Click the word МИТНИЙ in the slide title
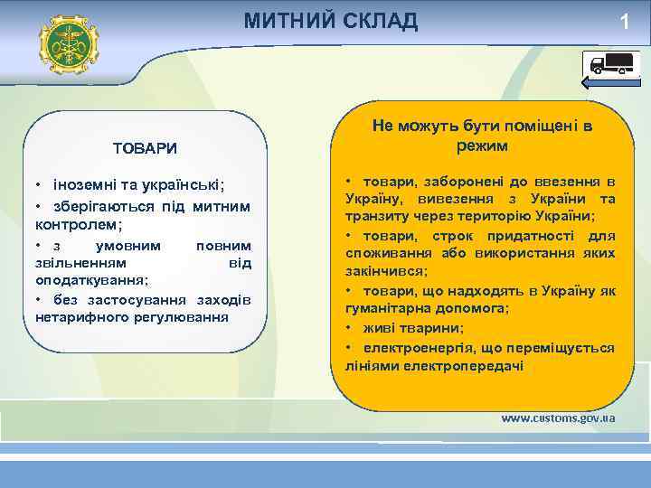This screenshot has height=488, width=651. [286, 21]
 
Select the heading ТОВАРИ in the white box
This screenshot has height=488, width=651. [145, 147]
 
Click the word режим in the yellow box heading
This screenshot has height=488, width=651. [483, 145]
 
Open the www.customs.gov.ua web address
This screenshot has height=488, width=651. [558, 418]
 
